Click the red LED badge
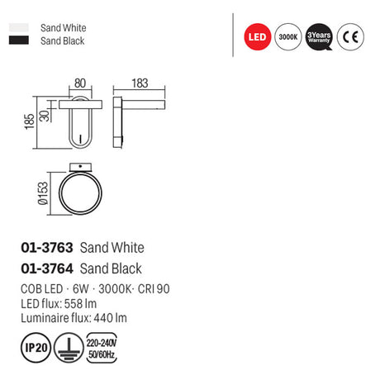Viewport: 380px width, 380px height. click(258, 37)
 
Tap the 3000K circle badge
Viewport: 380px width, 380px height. click(288, 37)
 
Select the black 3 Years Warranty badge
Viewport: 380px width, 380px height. click(319, 37)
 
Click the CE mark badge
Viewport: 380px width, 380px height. click(350, 37)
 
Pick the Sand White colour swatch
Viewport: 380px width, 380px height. click(19, 27)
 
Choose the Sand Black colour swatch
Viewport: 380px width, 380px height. click(19, 40)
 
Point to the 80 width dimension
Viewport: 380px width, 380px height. click(80, 83)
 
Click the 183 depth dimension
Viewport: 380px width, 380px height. click(140, 83)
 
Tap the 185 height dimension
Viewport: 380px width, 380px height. click(30, 121)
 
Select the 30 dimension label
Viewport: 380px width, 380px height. click(45, 116)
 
